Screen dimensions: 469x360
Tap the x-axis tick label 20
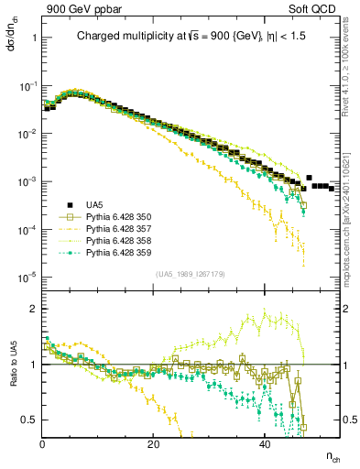pyautogui.click(x=154, y=444)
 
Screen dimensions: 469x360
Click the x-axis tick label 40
pyautogui.click(x=265, y=444)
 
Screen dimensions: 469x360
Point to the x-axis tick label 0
pyautogui.click(x=43, y=444)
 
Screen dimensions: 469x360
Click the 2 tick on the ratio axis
pyautogui.click(x=34, y=308)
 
